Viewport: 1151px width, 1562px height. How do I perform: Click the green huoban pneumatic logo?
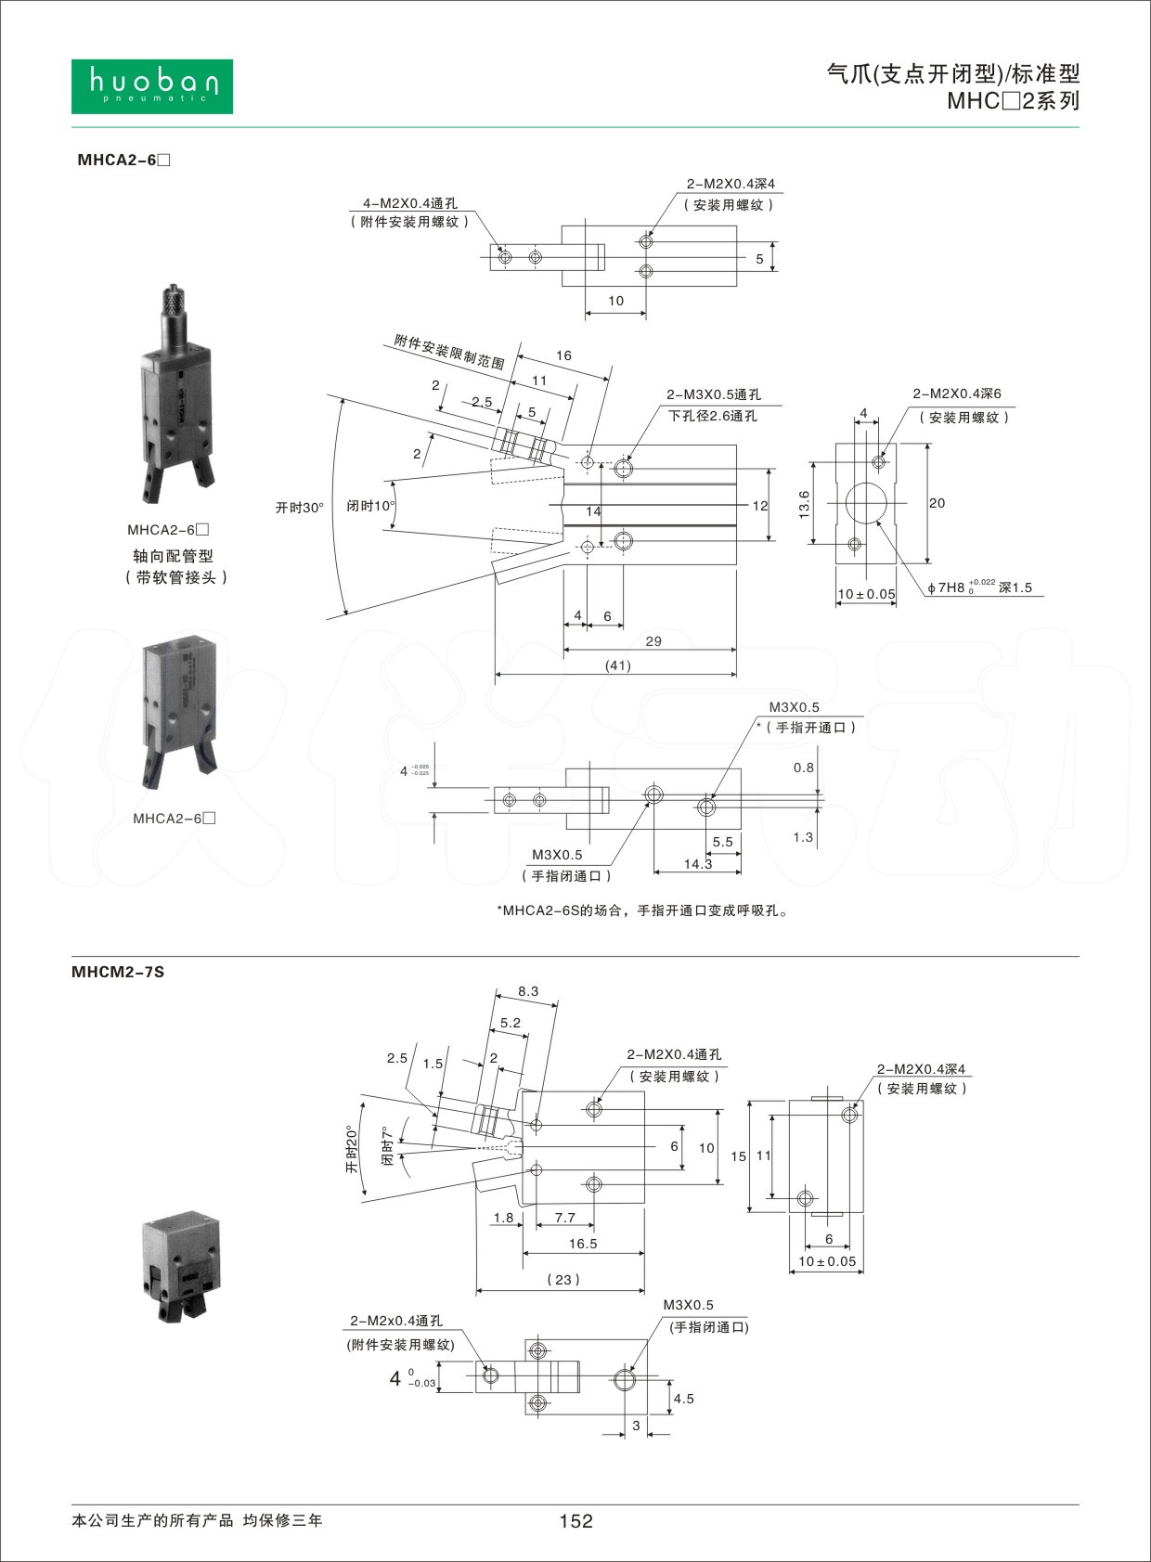152,86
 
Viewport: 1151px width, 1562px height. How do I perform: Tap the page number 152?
575,1520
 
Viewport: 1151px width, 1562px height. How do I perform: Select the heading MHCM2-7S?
118,972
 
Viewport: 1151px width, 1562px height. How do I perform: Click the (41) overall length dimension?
617,665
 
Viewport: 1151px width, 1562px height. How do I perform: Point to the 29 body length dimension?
653,641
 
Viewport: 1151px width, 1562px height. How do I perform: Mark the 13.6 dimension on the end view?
805,503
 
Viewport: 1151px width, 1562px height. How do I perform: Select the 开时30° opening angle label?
299,508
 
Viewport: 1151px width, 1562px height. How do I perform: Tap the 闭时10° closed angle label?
370,506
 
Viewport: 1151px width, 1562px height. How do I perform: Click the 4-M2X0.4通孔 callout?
409,203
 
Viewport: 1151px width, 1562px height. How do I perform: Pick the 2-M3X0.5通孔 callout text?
713,394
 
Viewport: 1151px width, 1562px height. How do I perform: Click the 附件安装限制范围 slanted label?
449,352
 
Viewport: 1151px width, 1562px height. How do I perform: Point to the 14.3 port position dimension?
698,864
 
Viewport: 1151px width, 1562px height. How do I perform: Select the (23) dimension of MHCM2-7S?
563,1279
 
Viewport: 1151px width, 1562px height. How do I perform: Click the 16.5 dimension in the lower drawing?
583,1244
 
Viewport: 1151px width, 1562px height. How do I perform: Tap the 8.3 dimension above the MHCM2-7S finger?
528,991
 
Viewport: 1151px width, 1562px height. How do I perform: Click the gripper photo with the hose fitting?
177,394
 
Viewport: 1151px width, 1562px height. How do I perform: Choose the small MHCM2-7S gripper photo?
182,1265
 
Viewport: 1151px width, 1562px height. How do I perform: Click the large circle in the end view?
865,504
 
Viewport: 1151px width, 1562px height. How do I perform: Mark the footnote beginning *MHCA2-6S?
643,910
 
